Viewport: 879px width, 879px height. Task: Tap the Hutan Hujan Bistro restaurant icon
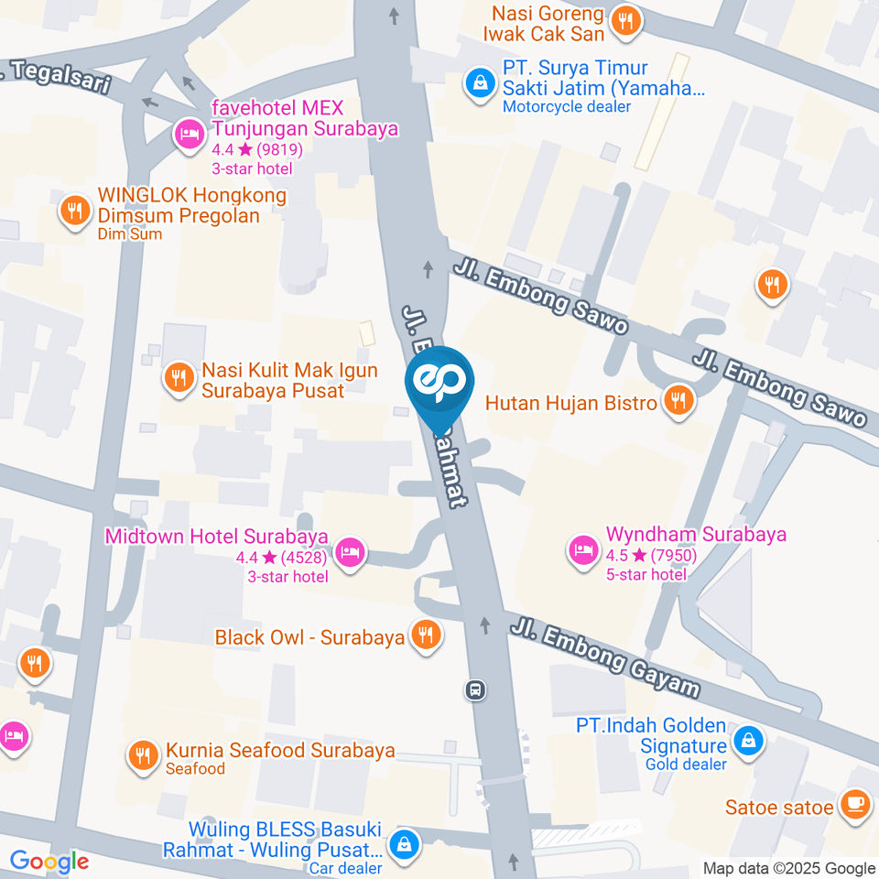[678, 400]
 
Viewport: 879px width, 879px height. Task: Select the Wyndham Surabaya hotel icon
[582, 551]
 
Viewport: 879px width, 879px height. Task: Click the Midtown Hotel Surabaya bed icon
[351, 551]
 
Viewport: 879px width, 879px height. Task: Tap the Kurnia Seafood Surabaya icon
[142, 755]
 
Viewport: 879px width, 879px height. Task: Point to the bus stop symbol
[475, 689]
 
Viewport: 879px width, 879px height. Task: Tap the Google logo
[49, 861]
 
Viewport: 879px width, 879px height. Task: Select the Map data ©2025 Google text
[789, 868]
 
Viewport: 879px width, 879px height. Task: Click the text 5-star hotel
[646, 574]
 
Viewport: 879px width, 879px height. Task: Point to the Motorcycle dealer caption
[567, 106]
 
